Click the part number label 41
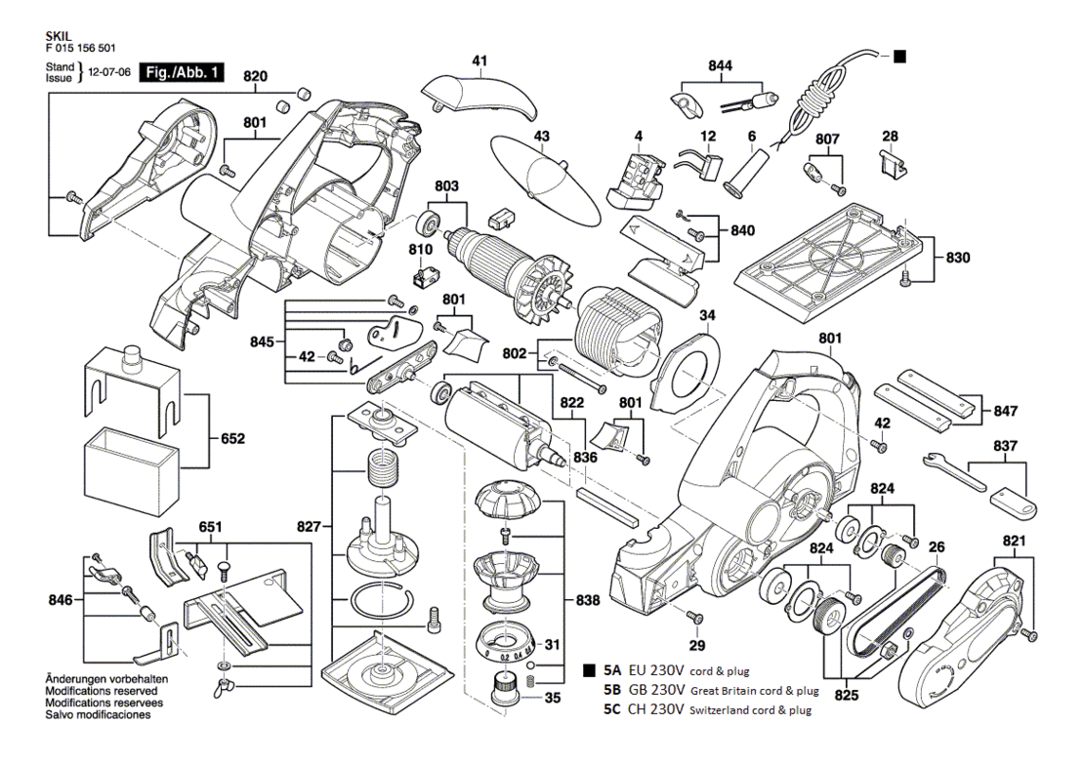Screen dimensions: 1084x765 tap(479, 60)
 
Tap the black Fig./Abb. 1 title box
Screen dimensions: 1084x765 tap(183, 72)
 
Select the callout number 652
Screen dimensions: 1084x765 tap(232, 439)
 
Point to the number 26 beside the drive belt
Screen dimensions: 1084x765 tap(937, 548)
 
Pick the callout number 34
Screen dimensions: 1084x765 tap(707, 316)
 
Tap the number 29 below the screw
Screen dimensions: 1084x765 tap(697, 645)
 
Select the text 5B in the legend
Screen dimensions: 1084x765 tap(611, 690)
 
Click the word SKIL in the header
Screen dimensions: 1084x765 tap(59, 36)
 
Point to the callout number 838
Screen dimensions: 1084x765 tap(588, 600)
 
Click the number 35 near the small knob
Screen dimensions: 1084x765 tap(553, 698)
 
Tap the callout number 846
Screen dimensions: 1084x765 tap(61, 600)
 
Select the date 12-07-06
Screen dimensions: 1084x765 tap(110, 72)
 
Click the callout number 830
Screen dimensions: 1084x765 tap(958, 257)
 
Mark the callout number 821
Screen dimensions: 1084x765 tap(1014, 541)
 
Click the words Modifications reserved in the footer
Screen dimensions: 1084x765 tap(101, 691)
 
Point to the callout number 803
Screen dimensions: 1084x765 tap(446, 186)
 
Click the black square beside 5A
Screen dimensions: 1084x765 tap(590, 670)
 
